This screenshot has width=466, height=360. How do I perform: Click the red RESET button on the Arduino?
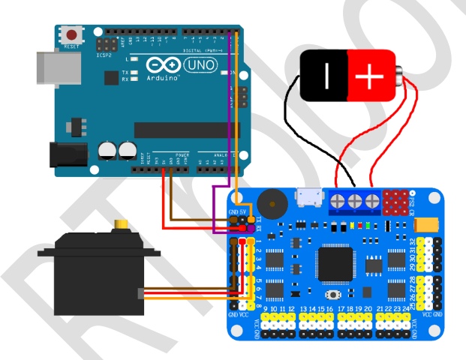[72, 34]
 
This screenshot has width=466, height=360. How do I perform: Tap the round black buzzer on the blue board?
[268, 204]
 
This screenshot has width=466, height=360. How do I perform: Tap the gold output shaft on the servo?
[120, 225]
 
